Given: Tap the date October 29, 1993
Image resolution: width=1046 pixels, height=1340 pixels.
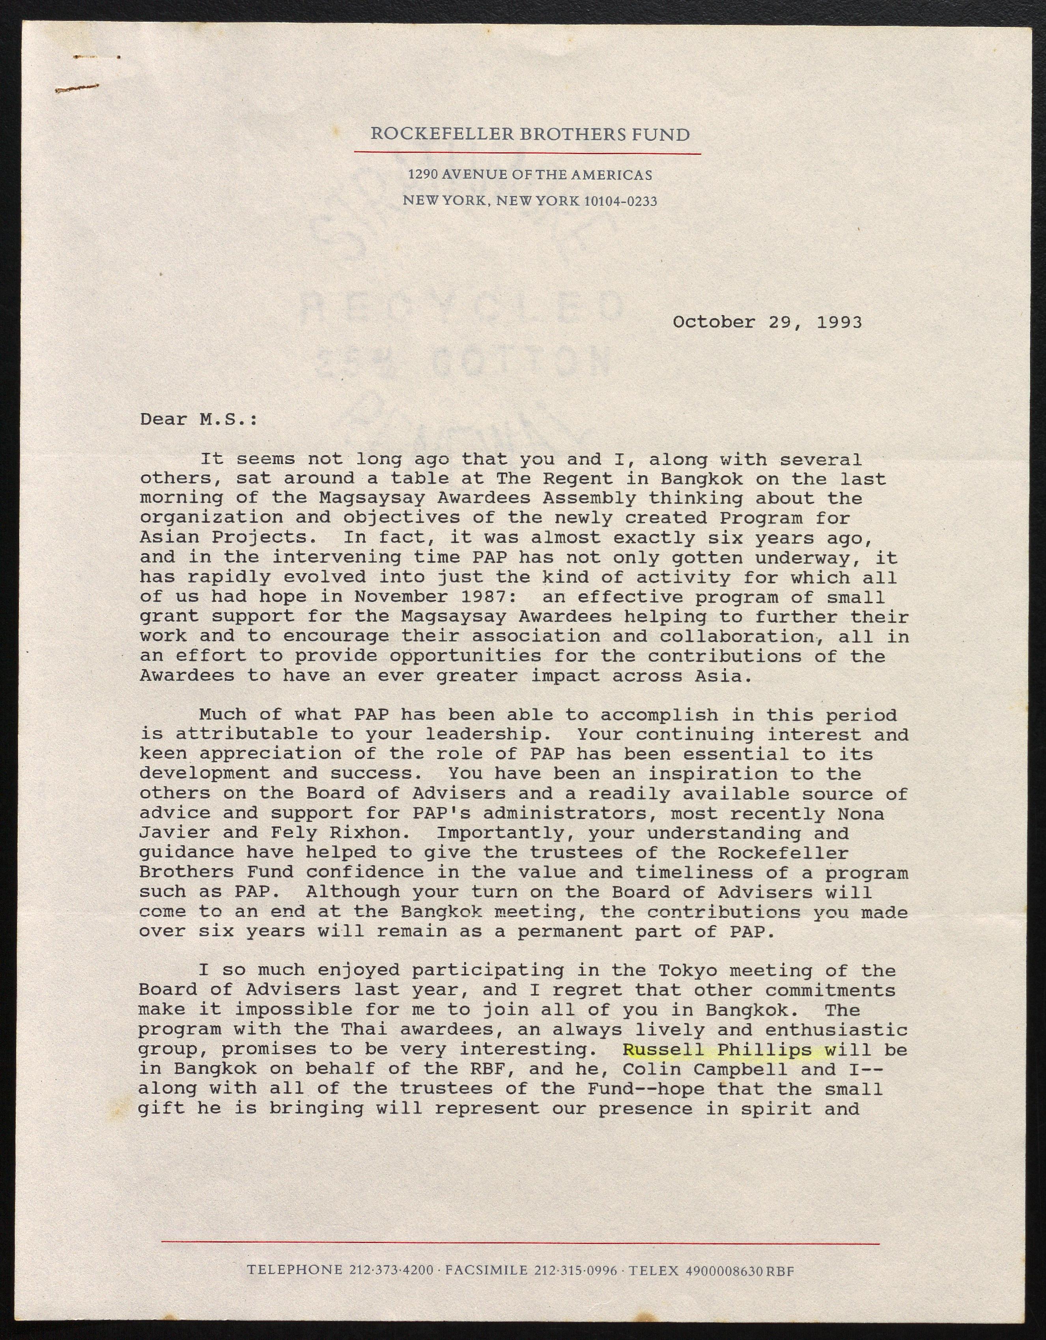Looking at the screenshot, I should [x=767, y=322].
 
